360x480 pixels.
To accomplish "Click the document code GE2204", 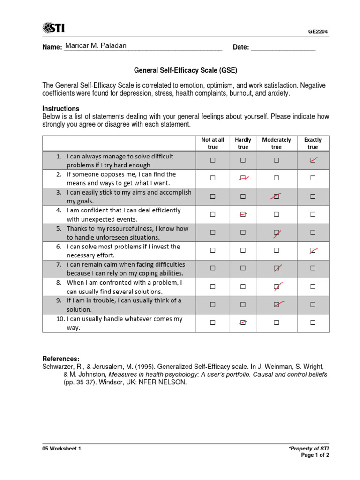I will point(318,32).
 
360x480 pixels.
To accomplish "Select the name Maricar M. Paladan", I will point(96,46).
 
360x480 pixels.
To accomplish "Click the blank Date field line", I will point(283,47).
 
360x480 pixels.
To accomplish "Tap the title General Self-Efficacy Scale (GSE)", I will point(186,71).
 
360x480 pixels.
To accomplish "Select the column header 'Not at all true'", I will point(212,143).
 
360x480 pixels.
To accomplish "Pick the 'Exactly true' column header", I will point(313,143).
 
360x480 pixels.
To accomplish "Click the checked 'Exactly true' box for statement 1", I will point(313,160).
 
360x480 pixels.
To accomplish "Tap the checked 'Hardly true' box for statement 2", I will point(243,178).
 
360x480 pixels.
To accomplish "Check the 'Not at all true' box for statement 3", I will point(212,196).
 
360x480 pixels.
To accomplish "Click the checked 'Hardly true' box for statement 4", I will point(243,214).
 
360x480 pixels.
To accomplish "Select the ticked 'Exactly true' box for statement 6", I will point(313,250).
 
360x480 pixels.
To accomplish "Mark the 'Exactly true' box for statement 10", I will point(313,322).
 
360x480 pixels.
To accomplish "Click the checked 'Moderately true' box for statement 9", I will point(277,305).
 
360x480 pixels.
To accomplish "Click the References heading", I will point(61,359).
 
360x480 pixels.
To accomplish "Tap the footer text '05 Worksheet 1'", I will point(62,449).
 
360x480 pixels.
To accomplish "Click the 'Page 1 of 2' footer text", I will point(315,455).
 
